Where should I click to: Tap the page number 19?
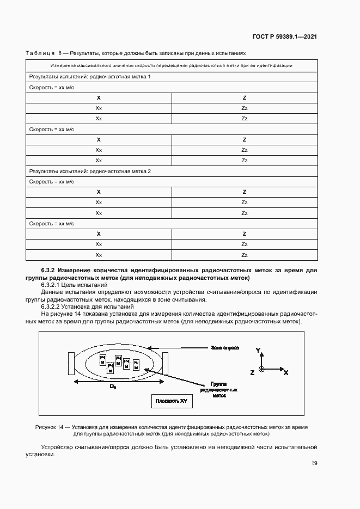(x=314, y=463)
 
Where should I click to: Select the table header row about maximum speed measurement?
(x=172, y=65)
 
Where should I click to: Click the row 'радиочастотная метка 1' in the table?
(x=90, y=77)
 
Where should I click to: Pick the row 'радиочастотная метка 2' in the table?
(x=90, y=171)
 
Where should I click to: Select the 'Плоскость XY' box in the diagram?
(x=172, y=402)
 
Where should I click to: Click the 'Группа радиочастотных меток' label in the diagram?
(x=217, y=390)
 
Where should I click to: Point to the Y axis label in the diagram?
(x=259, y=350)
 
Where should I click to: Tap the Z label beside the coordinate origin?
(x=252, y=372)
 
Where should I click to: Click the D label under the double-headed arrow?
(x=113, y=387)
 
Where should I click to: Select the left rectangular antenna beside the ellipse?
(x=71, y=363)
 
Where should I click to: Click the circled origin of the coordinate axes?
(x=262, y=369)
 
